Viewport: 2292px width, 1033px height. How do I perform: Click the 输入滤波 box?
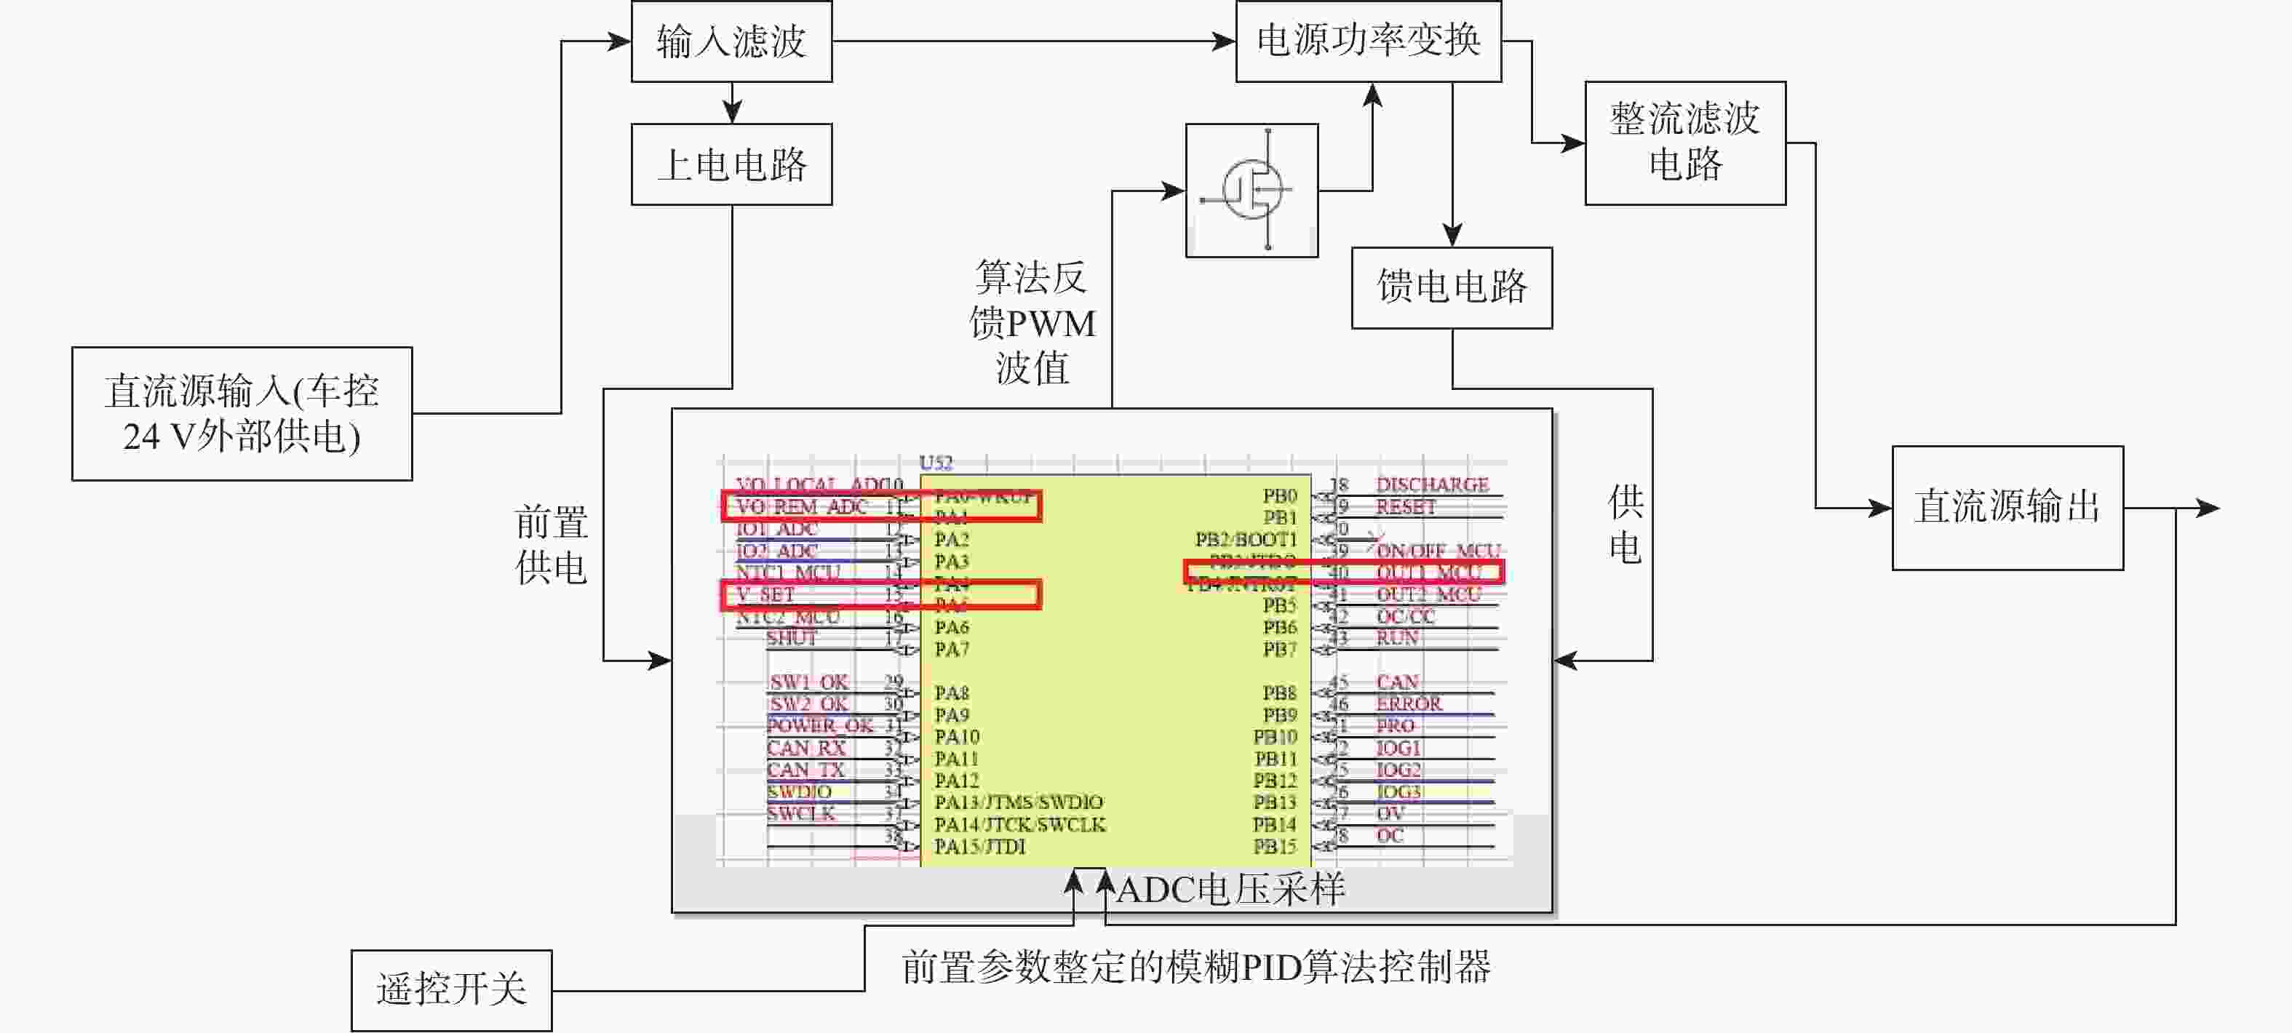(x=731, y=41)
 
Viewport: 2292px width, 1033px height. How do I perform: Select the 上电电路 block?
(x=731, y=164)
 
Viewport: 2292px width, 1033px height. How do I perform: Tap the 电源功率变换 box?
(x=1367, y=41)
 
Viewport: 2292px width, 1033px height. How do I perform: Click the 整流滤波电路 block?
(x=1684, y=143)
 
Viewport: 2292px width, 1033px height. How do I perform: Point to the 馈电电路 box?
(x=1451, y=287)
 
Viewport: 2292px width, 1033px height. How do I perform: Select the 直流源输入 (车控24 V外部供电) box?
(x=242, y=414)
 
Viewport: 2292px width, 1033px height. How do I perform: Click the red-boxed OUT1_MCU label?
(x=1429, y=572)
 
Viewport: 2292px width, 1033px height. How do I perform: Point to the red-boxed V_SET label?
(x=766, y=594)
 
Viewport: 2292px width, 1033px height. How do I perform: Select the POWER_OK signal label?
(x=819, y=726)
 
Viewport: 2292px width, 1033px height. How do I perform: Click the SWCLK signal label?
(x=801, y=813)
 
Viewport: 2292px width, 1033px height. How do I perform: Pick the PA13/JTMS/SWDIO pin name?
(x=1018, y=802)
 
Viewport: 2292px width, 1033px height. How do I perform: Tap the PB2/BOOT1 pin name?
(x=1246, y=539)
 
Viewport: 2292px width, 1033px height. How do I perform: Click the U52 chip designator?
(x=935, y=463)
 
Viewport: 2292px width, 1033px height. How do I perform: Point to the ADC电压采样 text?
(x=1230, y=890)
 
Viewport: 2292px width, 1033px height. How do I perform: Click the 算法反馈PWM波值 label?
(x=1032, y=322)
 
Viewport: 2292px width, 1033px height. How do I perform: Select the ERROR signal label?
(x=1409, y=703)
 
